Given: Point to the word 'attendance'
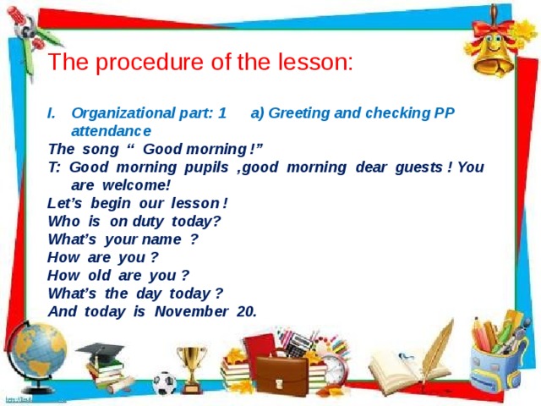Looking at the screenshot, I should coord(112,131).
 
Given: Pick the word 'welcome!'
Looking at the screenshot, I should coord(137,184).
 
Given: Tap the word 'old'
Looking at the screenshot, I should coord(101,275).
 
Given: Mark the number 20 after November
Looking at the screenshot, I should coord(248,310).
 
